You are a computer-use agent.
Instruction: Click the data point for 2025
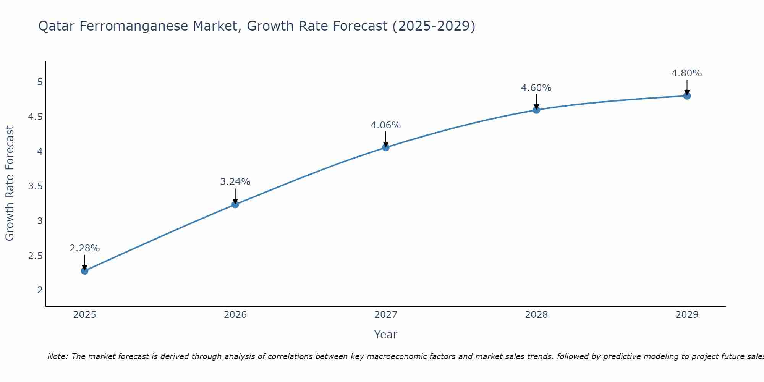pyautogui.click(x=84, y=271)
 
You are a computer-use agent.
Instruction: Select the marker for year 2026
pyautogui.click(x=235, y=204)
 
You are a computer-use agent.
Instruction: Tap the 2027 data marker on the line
pyautogui.click(x=386, y=147)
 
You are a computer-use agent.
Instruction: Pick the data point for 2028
pyautogui.click(x=536, y=110)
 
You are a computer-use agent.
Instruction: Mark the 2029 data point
pyautogui.click(x=687, y=96)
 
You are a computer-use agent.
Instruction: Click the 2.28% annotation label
pyautogui.click(x=84, y=248)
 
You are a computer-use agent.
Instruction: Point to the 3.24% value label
pyautogui.click(x=235, y=182)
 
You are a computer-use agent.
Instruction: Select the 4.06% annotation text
pyautogui.click(x=386, y=125)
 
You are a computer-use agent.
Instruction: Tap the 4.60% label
pyautogui.click(x=536, y=88)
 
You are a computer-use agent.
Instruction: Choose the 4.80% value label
pyautogui.click(x=687, y=73)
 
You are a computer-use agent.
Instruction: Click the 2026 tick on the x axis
pyautogui.click(x=235, y=315)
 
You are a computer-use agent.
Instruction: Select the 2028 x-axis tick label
pyautogui.click(x=536, y=315)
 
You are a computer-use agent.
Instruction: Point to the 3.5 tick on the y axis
pyautogui.click(x=35, y=186)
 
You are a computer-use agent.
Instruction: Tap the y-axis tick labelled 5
pyautogui.click(x=40, y=82)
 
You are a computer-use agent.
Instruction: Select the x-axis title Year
pyautogui.click(x=386, y=335)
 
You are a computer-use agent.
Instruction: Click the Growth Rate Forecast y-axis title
pyautogui.click(x=10, y=183)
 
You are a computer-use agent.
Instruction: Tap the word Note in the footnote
pyautogui.click(x=57, y=357)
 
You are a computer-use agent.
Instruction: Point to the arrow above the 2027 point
pyautogui.click(x=386, y=139)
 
